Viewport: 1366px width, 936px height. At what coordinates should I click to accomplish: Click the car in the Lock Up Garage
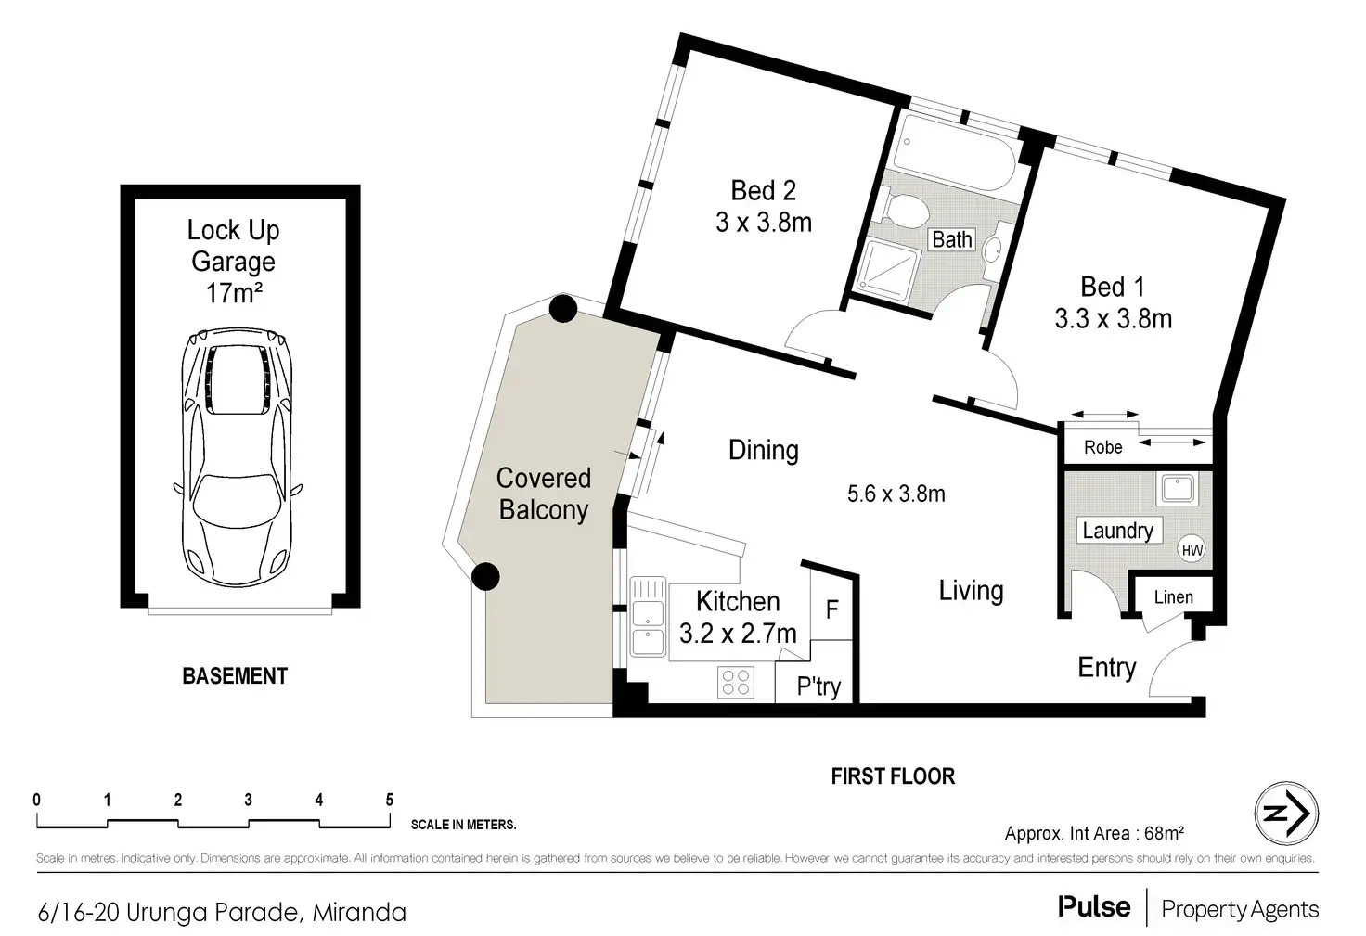pos(238,458)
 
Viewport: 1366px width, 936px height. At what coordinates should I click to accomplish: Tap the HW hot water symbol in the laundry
pos(1192,551)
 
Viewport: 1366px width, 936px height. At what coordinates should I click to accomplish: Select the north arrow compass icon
pos(1286,814)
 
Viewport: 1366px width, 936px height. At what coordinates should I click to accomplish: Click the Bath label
pos(952,239)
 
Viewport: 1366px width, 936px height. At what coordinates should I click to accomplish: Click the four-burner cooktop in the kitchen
pos(736,682)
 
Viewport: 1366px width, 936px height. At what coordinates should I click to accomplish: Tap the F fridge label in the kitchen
pos(831,609)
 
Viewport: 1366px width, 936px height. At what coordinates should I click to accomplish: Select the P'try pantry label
pos(818,686)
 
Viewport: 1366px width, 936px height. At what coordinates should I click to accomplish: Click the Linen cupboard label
pos(1173,597)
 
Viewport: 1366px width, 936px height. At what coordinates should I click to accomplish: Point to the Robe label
pos(1102,447)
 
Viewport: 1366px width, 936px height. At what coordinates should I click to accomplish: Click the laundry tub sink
pos(1179,488)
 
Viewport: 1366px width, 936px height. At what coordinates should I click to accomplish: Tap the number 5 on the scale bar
pos(389,800)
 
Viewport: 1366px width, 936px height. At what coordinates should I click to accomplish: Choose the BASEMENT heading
pos(235,676)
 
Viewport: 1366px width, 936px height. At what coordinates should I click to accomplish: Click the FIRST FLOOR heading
pos(893,776)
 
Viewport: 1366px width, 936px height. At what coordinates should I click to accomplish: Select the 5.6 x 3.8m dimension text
pos(896,494)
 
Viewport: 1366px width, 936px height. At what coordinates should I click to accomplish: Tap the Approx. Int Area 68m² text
pos(1094,833)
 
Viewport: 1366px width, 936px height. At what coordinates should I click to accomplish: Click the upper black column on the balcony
pos(563,309)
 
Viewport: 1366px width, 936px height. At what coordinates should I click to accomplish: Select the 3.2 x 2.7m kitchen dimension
pos(738,634)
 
